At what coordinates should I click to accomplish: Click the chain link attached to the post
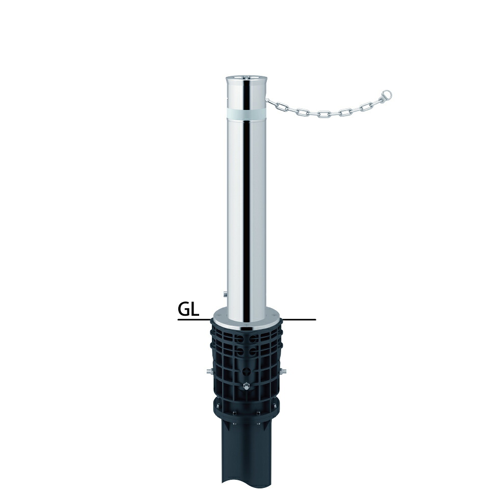point(270,102)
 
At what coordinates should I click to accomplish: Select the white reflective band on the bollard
point(246,114)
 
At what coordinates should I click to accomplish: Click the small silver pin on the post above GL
point(224,294)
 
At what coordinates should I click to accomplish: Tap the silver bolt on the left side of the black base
point(209,371)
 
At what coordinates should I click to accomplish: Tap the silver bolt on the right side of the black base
point(284,371)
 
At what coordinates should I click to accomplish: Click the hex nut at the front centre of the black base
point(246,386)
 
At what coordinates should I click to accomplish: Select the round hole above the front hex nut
point(246,371)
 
